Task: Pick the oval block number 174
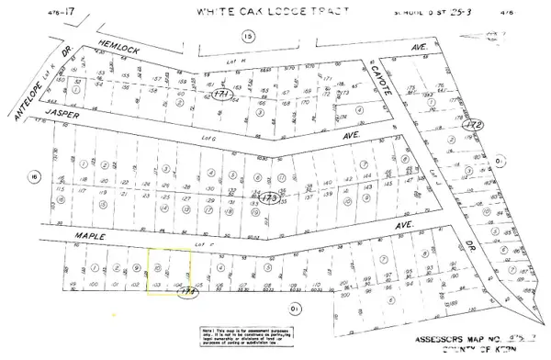coord(187,292)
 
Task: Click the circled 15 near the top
coord(247,36)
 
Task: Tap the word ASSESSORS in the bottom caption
coord(417,338)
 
